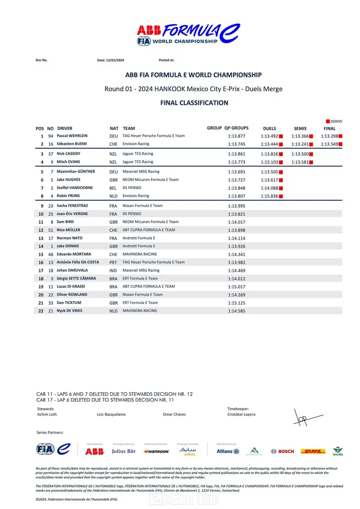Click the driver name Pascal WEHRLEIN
click(x=72, y=136)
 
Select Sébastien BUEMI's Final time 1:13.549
click(x=330, y=144)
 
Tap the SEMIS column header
click(x=300, y=128)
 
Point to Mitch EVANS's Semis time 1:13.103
click(x=300, y=162)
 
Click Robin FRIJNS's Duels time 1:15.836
click(x=270, y=196)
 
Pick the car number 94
click(x=50, y=136)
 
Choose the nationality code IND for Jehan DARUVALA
click(x=113, y=271)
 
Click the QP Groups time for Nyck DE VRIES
click(x=237, y=311)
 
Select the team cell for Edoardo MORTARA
click(x=140, y=254)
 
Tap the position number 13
click(x=41, y=238)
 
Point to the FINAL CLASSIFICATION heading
click(x=194, y=103)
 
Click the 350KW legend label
click(x=336, y=122)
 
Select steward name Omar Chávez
click(x=174, y=414)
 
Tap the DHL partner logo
click(x=313, y=451)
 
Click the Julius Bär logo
click(x=124, y=451)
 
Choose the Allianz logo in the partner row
click(x=228, y=451)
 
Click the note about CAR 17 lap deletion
click(x=105, y=400)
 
